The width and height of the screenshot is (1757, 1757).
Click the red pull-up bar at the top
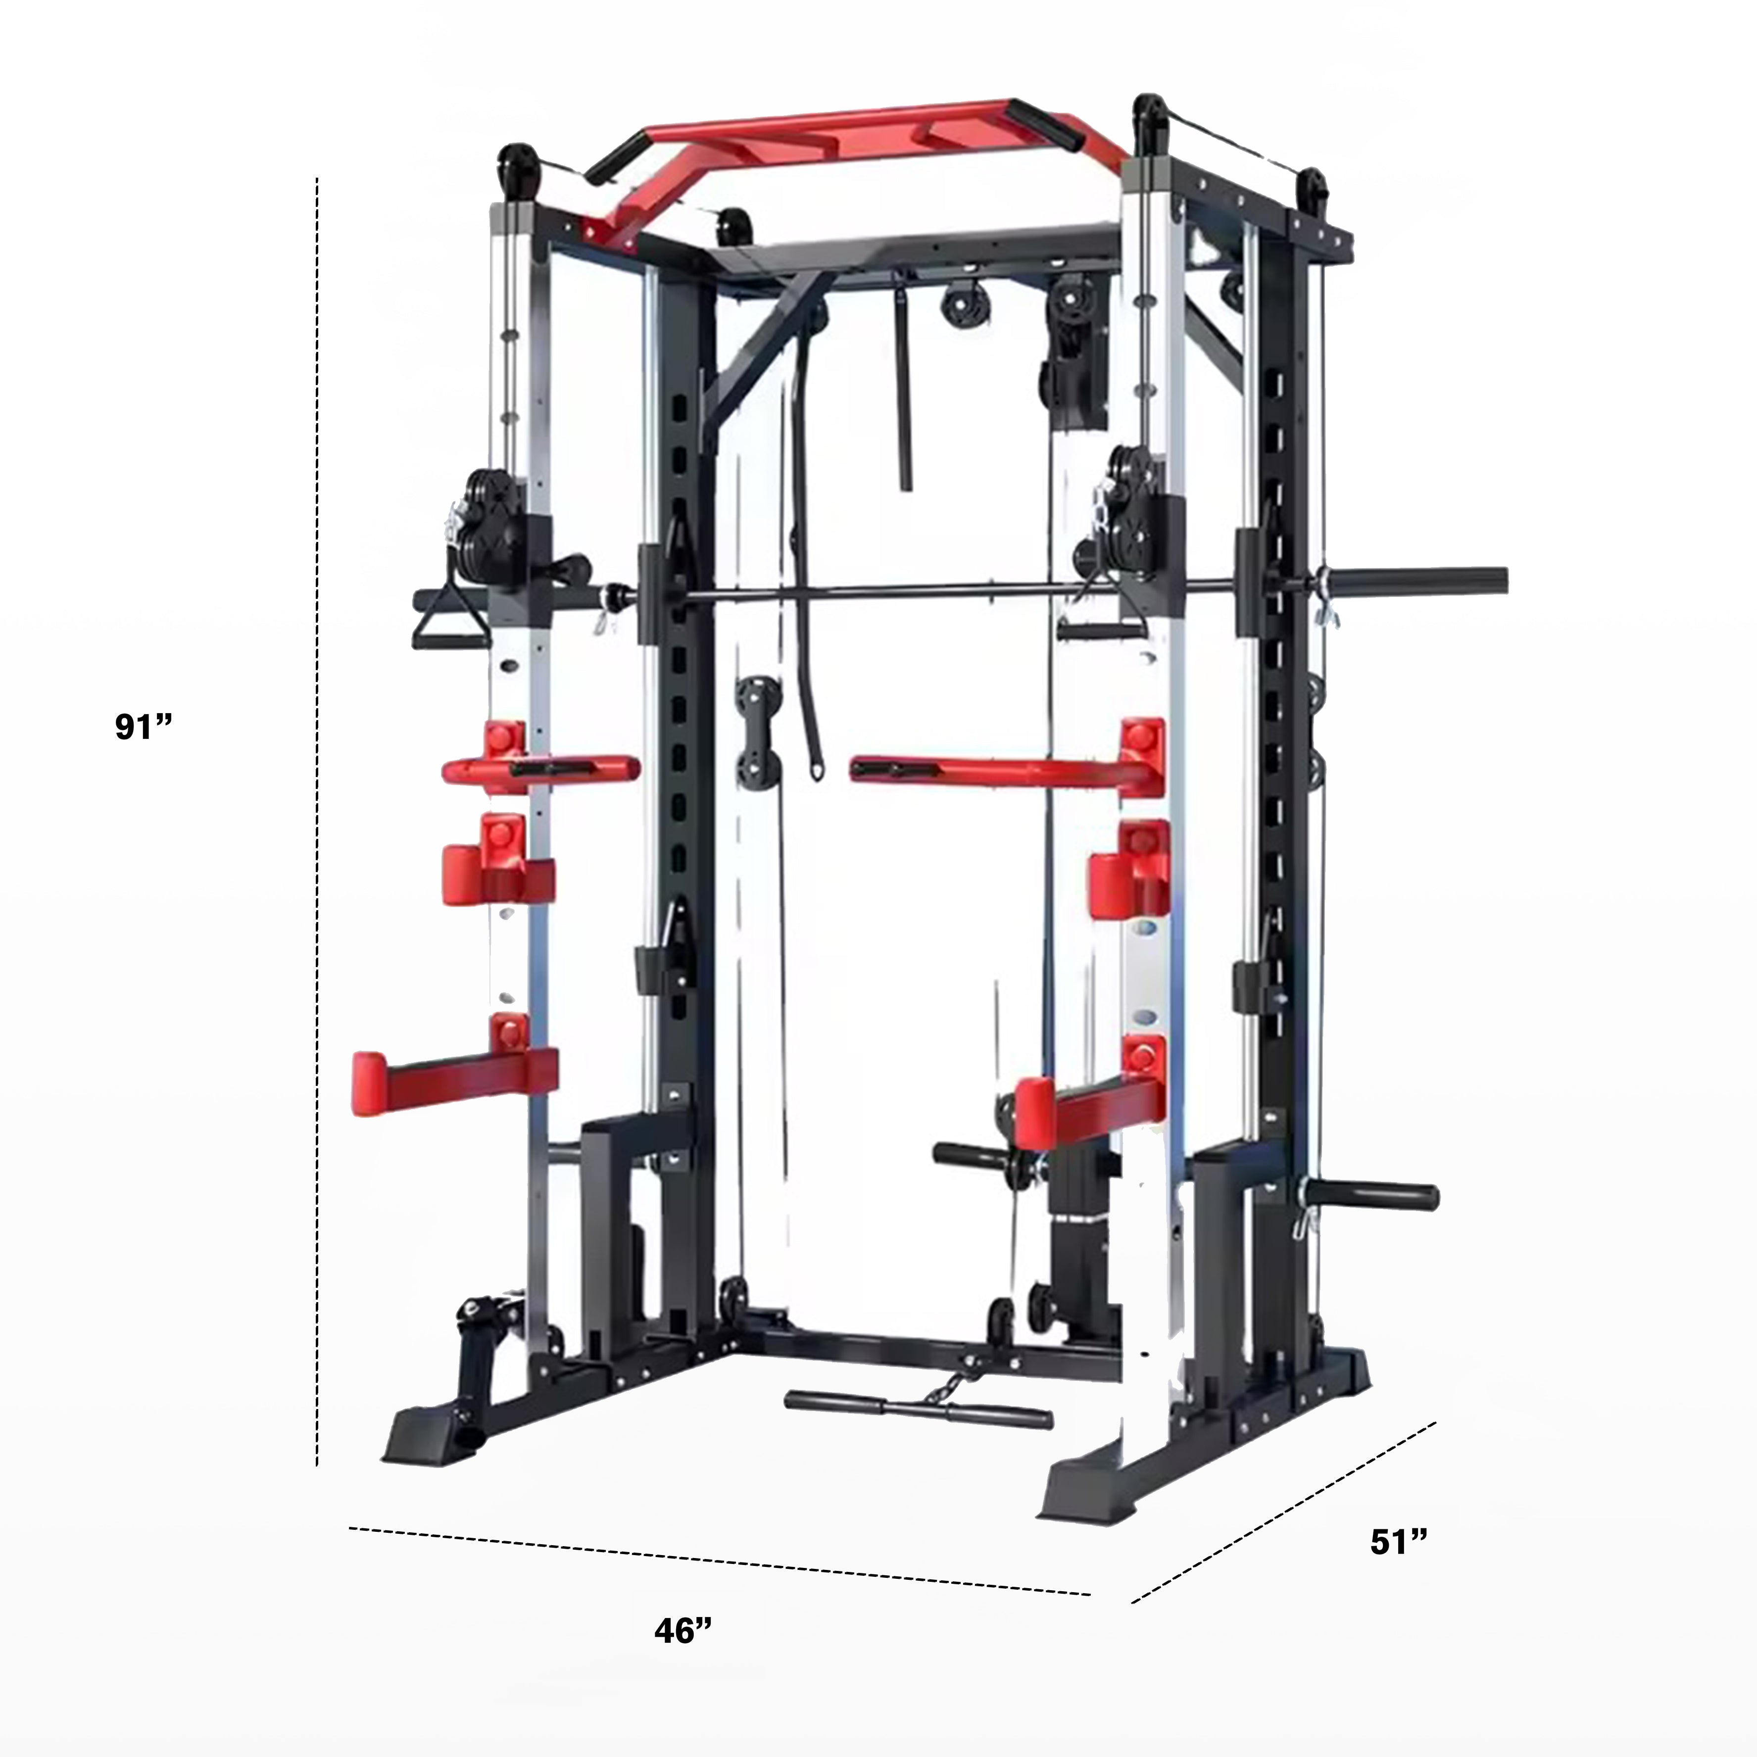click(x=836, y=146)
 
